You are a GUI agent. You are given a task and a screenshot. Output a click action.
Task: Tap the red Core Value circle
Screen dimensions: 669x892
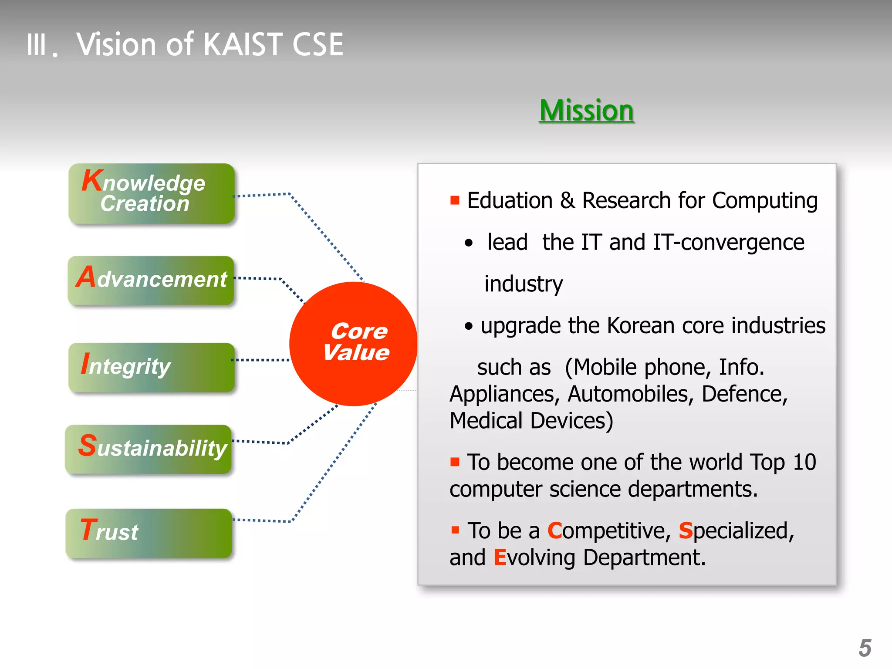click(x=353, y=344)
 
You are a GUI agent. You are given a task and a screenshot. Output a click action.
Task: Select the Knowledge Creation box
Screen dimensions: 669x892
click(x=152, y=194)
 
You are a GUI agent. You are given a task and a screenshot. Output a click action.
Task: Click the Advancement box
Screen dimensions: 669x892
click(x=151, y=280)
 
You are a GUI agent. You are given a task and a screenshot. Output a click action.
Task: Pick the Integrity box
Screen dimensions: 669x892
click(x=152, y=367)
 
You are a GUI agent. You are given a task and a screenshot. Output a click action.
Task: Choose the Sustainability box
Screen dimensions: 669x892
click(x=149, y=449)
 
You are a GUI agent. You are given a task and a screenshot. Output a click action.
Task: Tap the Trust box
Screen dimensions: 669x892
click(x=149, y=533)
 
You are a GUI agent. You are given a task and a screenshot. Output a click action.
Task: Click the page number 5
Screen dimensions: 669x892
click(x=865, y=648)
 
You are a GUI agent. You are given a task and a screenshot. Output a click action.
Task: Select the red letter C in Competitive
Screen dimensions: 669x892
click(x=555, y=530)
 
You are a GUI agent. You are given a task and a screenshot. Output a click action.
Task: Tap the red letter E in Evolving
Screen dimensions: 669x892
click(x=500, y=557)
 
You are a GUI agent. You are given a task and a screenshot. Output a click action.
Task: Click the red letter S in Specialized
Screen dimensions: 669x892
click(x=686, y=530)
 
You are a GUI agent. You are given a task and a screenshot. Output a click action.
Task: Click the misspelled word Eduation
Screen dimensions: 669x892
click(x=510, y=201)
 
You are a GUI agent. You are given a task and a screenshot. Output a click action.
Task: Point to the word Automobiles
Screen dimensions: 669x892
click(x=630, y=394)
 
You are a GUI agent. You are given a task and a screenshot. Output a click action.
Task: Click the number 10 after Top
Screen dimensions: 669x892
click(x=804, y=462)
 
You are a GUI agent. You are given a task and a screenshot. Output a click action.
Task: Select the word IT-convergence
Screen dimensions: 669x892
click(x=728, y=243)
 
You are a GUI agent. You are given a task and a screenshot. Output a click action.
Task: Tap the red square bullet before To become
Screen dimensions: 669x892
click(x=455, y=462)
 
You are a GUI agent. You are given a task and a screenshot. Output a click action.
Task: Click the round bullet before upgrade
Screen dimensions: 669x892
click(x=468, y=326)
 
